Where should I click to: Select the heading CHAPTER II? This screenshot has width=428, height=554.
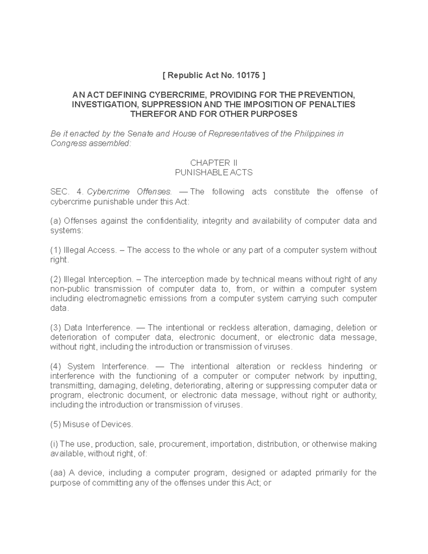click(214, 163)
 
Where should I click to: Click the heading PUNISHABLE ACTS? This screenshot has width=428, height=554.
click(214, 173)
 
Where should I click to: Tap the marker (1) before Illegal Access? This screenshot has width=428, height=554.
click(55, 250)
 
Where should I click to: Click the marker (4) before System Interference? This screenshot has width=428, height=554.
click(56, 366)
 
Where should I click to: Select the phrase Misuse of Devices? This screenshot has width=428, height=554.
click(98, 425)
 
